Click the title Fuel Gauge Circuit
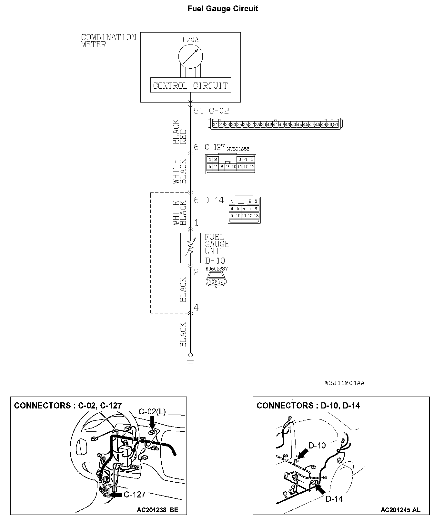pyautogui.click(x=223, y=9)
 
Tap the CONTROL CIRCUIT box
pyautogui.click(x=190, y=85)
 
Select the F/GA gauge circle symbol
pyautogui.click(x=190, y=56)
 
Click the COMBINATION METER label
pyautogui.click(x=108, y=41)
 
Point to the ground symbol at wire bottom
pyautogui.click(x=190, y=359)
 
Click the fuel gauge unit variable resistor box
pyautogui.click(x=190, y=248)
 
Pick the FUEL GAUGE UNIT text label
pyautogui.click(x=217, y=244)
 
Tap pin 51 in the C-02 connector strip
pyautogui.click(x=336, y=124)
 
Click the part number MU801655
pyautogui.click(x=238, y=149)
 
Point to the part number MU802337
pyautogui.click(x=217, y=269)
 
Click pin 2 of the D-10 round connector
pyautogui.click(x=216, y=281)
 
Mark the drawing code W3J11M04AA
pyautogui.click(x=345, y=383)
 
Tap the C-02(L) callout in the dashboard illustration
pyautogui.click(x=152, y=412)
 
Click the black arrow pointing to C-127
pyautogui.click(x=116, y=494)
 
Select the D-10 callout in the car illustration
pyautogui.click(x=317, y=445)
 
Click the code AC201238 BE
pyautogui.click(x=157, y=510)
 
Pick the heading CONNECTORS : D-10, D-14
pyautogui.click(x=308, y=406)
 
